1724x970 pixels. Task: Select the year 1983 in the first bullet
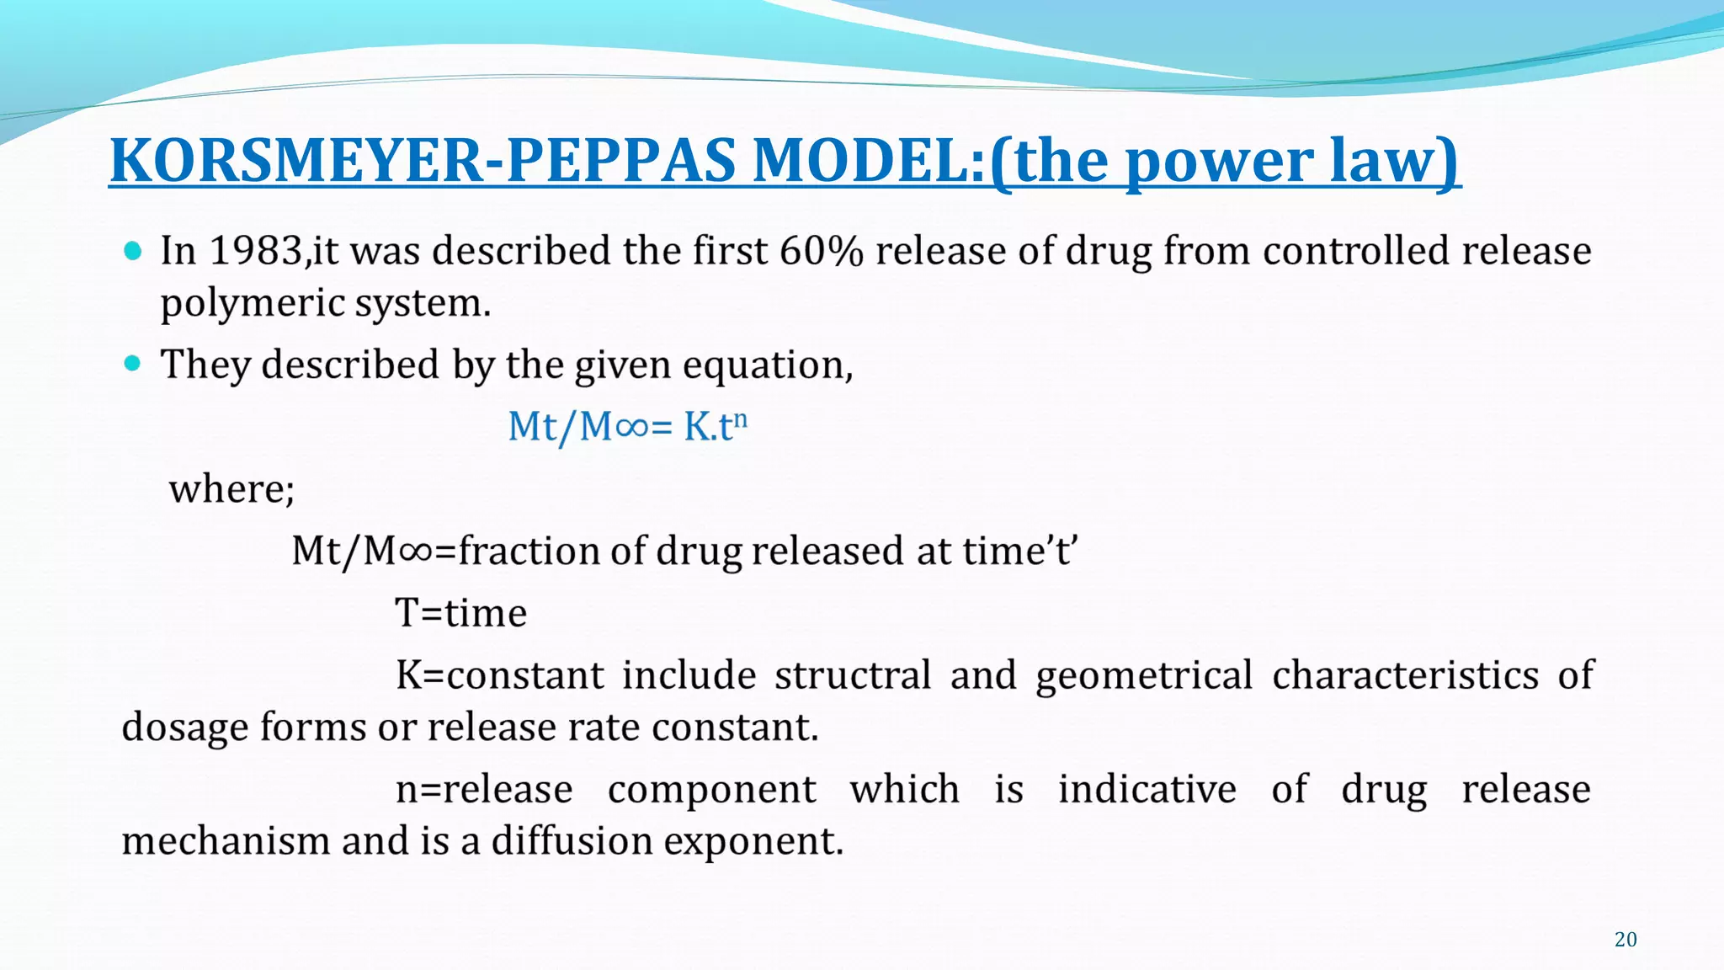[255, 251]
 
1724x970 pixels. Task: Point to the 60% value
[821, 251]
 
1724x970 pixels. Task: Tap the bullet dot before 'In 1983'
[133, 250]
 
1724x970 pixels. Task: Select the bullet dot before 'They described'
[133, 364]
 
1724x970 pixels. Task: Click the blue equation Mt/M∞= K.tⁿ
[627, 426]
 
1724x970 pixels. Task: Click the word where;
[231, 488]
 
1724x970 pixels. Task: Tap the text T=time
[461, 612]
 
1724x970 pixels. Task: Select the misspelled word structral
[853, 675]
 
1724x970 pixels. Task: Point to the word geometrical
[1144, 675]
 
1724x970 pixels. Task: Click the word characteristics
[1405, 675]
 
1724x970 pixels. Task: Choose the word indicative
[1147, 789]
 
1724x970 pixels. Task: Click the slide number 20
[1626, 940]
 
